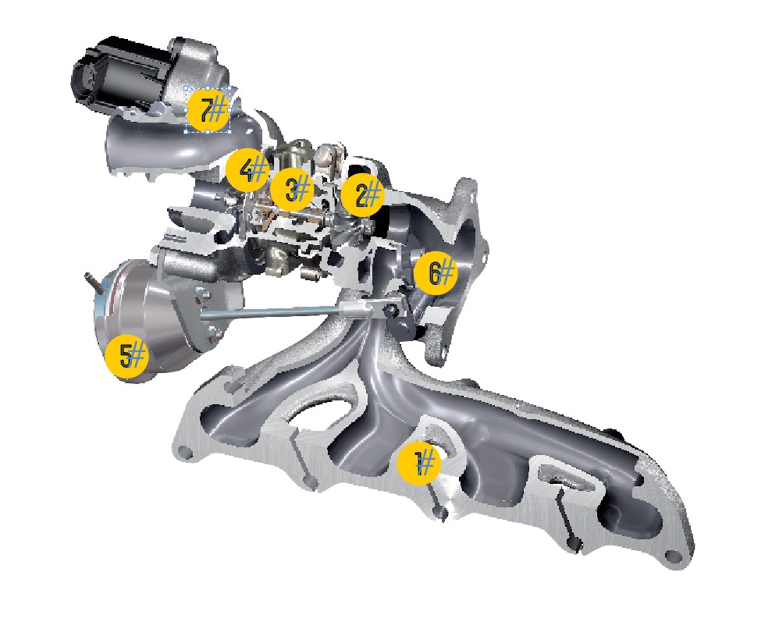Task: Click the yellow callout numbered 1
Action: [419, 463]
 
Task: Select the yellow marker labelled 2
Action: [363, 195]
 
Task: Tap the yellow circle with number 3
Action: [293, 190]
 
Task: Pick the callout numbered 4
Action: [247, 170]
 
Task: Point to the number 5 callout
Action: [127, 355]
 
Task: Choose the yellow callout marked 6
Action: [436, 272]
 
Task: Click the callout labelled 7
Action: [208, 110]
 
